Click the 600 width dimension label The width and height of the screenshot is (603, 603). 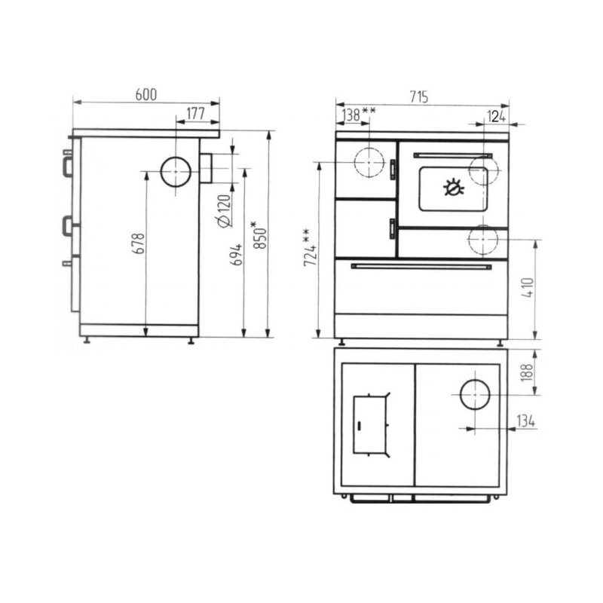(146, 95)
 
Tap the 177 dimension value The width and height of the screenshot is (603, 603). (196, 114)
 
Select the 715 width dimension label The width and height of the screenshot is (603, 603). (419, 96)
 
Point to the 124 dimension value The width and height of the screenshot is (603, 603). (496, 116)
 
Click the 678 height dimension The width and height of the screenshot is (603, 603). (139, 243)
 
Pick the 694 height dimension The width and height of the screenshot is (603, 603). (237, 254)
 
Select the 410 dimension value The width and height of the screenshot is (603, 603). (528, 288)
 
